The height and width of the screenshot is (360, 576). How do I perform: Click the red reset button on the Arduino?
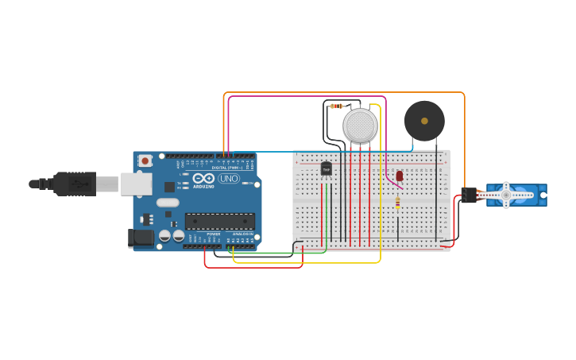(145, 161)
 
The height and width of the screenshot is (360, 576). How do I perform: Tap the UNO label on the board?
(229, 179)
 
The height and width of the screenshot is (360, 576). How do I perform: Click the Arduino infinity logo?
(203, 178)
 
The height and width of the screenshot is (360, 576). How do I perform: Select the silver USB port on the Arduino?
(136, 184)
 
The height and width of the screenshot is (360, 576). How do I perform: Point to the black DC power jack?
(141, 238)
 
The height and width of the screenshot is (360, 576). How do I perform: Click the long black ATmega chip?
(220, 221)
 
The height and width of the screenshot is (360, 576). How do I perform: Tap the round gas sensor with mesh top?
(360, 126)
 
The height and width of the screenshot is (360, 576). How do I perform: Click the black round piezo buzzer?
(424, 121)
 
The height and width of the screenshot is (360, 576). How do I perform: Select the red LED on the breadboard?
(400, 176)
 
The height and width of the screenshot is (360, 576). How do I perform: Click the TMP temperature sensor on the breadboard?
(326, 168)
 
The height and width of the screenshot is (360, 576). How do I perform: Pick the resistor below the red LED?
(397, 203)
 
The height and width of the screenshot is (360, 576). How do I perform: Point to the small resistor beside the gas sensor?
(337, 106)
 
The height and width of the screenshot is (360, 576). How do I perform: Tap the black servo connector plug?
(470, 195)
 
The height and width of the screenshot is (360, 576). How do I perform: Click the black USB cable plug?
(75, 184)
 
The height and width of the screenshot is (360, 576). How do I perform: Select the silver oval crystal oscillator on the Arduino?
(168, 203)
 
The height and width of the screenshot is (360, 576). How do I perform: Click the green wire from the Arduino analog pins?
(278, 254)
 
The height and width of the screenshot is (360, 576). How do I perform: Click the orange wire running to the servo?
(342, 92)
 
